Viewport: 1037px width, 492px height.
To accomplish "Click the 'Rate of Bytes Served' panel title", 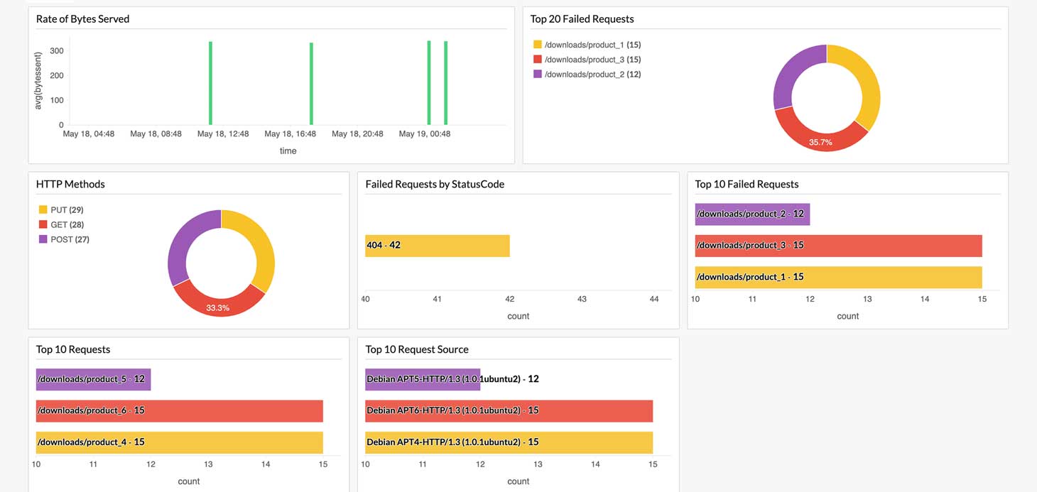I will [82, 19].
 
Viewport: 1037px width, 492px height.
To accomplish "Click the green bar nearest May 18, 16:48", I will [311, 84].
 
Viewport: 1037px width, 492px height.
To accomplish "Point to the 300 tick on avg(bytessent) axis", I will [57, 51].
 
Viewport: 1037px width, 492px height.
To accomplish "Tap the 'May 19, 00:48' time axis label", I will [424, 133].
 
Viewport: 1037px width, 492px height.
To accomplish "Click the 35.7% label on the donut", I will [820, 142].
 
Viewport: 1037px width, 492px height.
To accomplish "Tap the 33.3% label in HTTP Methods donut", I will [217, 307].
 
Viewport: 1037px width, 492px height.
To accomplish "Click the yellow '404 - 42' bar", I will [437, 245].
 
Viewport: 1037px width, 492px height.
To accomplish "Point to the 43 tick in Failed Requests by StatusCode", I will [582, 299].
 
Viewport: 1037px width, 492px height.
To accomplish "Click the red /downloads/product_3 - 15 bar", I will [838, 246].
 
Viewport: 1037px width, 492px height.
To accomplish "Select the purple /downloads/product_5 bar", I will [93, 379].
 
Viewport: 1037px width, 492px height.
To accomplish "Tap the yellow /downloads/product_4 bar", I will [179, 442].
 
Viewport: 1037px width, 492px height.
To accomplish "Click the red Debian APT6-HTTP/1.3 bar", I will [509, 410].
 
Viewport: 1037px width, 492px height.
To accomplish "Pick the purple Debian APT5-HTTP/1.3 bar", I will [423, 379].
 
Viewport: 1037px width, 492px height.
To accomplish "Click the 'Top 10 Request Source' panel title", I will [416, 349].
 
